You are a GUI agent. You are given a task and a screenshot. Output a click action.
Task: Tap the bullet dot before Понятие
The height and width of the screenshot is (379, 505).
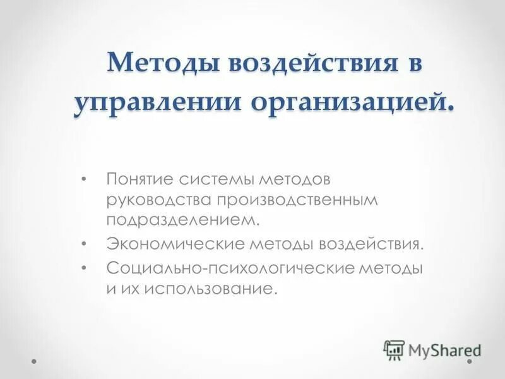click(85, 180)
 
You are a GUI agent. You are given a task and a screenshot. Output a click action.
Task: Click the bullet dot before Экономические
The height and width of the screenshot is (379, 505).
click(85, 244)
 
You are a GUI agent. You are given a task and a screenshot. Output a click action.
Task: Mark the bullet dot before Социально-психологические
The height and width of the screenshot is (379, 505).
click(85, 267)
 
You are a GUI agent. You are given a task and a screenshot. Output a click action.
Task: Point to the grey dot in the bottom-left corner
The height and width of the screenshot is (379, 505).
click(35, 363)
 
